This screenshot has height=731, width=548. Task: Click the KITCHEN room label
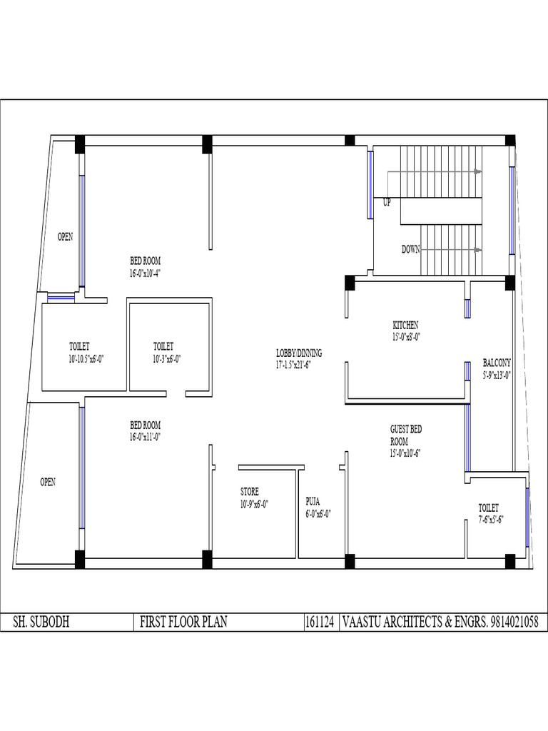click(405, 325)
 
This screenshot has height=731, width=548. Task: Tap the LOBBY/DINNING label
click(299, 353)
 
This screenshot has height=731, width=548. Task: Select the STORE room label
click(249, 491)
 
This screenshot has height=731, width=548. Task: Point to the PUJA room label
click(313, 502)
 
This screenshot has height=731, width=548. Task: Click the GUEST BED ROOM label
click(406, 435)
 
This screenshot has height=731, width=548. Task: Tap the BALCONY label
click(497, 362)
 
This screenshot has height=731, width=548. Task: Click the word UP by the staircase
click(387, 203)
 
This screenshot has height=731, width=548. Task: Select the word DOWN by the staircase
click(410, 249)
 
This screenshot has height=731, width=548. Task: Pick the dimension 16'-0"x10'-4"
click(145, 273)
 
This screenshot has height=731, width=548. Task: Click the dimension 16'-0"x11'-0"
click(145, 437)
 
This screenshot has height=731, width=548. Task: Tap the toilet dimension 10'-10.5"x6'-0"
click(86, 359)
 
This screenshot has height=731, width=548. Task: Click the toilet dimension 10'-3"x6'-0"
click(166, 359)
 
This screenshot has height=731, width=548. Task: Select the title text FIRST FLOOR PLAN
click(183, 622)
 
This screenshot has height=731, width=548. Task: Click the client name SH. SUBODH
click(41, 622)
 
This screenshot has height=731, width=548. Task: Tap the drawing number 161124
click(320, 622)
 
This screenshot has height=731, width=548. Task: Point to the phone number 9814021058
click(514, 622)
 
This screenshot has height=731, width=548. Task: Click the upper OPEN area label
click(65, 237)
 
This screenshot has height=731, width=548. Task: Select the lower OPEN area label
click(48, 482)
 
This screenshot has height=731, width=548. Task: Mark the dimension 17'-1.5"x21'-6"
click(293, 365)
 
